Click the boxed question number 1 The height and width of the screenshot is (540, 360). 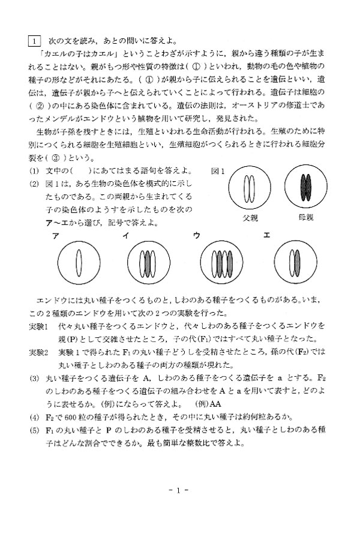(34, 41)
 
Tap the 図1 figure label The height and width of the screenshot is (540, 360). (218, 171)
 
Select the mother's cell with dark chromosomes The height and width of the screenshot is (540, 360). (306, 186)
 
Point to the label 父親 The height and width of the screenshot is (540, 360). (250, 218)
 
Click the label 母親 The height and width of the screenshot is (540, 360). (306, 217)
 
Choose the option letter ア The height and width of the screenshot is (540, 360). (55, 236)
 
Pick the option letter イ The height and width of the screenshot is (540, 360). (126, 236)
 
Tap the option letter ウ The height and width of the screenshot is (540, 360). (197, 236)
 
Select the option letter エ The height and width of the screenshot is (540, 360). (266, 235)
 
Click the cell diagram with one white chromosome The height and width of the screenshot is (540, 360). (79, 262)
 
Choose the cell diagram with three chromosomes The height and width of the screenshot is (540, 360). (148, 262)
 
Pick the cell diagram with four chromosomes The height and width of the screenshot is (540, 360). (222, 262)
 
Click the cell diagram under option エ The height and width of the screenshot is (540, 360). (295, 262)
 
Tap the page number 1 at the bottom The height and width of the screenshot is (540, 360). (178, 490)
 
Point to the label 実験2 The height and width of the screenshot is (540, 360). (38, 352)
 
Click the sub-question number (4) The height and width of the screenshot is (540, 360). (34, 418)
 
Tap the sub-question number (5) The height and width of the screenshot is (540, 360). (34, 430)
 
